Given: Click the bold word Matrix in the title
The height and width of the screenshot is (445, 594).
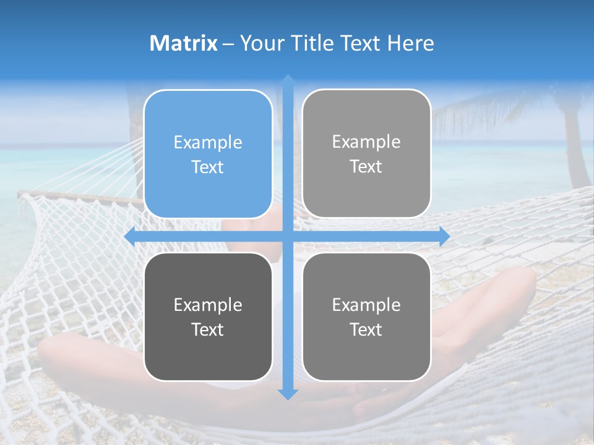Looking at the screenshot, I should pyautogui.click(x=184, y=43).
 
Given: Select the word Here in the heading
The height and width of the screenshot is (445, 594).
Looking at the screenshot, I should pyautogui.click(x=410, y=43).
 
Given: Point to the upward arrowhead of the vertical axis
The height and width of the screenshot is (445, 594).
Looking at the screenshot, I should pyautogui.click(x=288, y=80).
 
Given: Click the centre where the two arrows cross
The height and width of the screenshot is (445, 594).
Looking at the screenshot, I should pyautogui.click(x=288, y=237).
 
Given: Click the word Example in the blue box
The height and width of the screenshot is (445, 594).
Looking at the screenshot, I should pyautogui.click(x=208, y=143).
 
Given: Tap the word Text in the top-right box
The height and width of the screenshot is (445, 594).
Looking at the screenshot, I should pyautogui.click(x=366, y=167).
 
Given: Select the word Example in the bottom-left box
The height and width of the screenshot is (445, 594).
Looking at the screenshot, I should pyautogui.click(x=208, y=305).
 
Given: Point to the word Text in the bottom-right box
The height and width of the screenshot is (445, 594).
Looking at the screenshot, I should pyautogui.click(x=366, y=329).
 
